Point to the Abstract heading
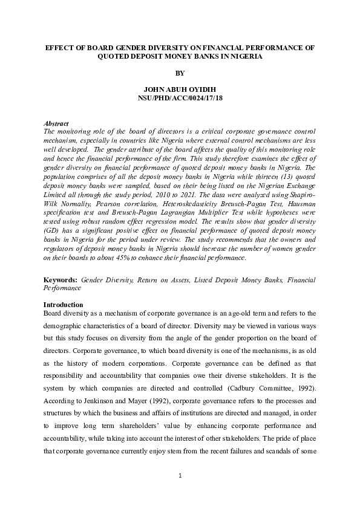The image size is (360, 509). click(x=57, y=123)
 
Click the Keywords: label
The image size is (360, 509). click(x=61, y=280)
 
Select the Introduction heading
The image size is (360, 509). click(x=64, y=304)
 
